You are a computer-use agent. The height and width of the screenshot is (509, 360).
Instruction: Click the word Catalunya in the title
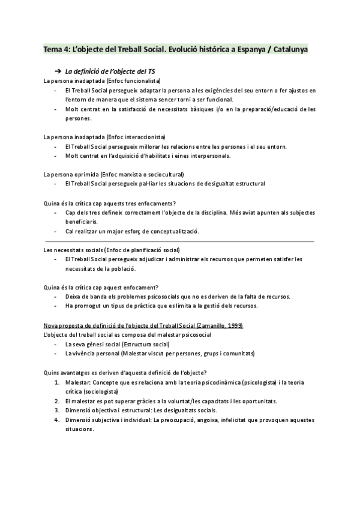(290, 49)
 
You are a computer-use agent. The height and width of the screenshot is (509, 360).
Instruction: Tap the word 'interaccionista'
(140, 137)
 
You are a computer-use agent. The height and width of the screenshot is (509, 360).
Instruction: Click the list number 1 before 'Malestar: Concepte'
(56, 381)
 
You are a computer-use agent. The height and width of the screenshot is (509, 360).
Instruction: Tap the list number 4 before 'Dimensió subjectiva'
(56, 420)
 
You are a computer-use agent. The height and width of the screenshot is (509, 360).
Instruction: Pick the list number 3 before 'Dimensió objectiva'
(56, 410)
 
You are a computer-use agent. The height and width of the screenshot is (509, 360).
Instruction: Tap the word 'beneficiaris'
(82, 221)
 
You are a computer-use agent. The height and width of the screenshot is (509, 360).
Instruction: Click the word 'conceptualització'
(169, 231)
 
